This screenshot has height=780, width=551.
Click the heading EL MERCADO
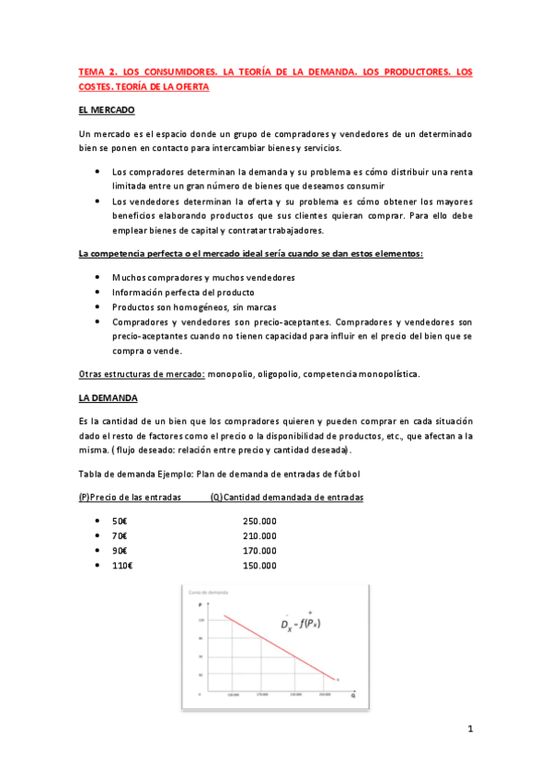click(107, 110)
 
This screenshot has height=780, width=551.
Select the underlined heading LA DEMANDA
click(108, 398)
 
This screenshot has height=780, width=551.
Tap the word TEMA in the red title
click(92, 71)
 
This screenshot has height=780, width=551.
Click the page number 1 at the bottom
click(469, 731)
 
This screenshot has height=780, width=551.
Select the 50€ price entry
click(120, 521)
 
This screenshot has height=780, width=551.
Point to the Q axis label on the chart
click(351, 698)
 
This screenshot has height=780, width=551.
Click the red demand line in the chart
click(276, 645)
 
